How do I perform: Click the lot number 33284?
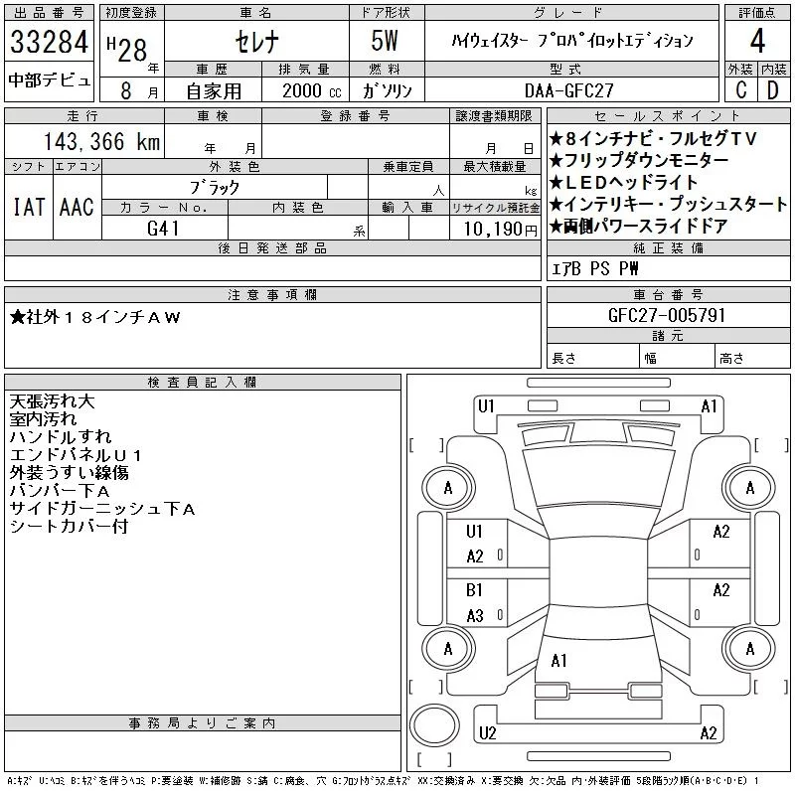point(50,43)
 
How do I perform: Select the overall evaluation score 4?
point(757,43)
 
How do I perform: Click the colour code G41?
point(164,228)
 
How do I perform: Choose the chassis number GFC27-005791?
point(667,315)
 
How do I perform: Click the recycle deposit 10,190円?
point(495,228)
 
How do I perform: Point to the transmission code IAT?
point(28,208)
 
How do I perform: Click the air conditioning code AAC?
point(77,208)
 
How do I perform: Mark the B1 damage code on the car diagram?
point(474,589)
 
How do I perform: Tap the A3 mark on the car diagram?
point(474,615)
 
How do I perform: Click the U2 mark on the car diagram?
point(486,733)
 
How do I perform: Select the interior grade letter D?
point(772,89)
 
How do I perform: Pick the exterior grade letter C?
point(741,89)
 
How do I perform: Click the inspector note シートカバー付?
point(69,527)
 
